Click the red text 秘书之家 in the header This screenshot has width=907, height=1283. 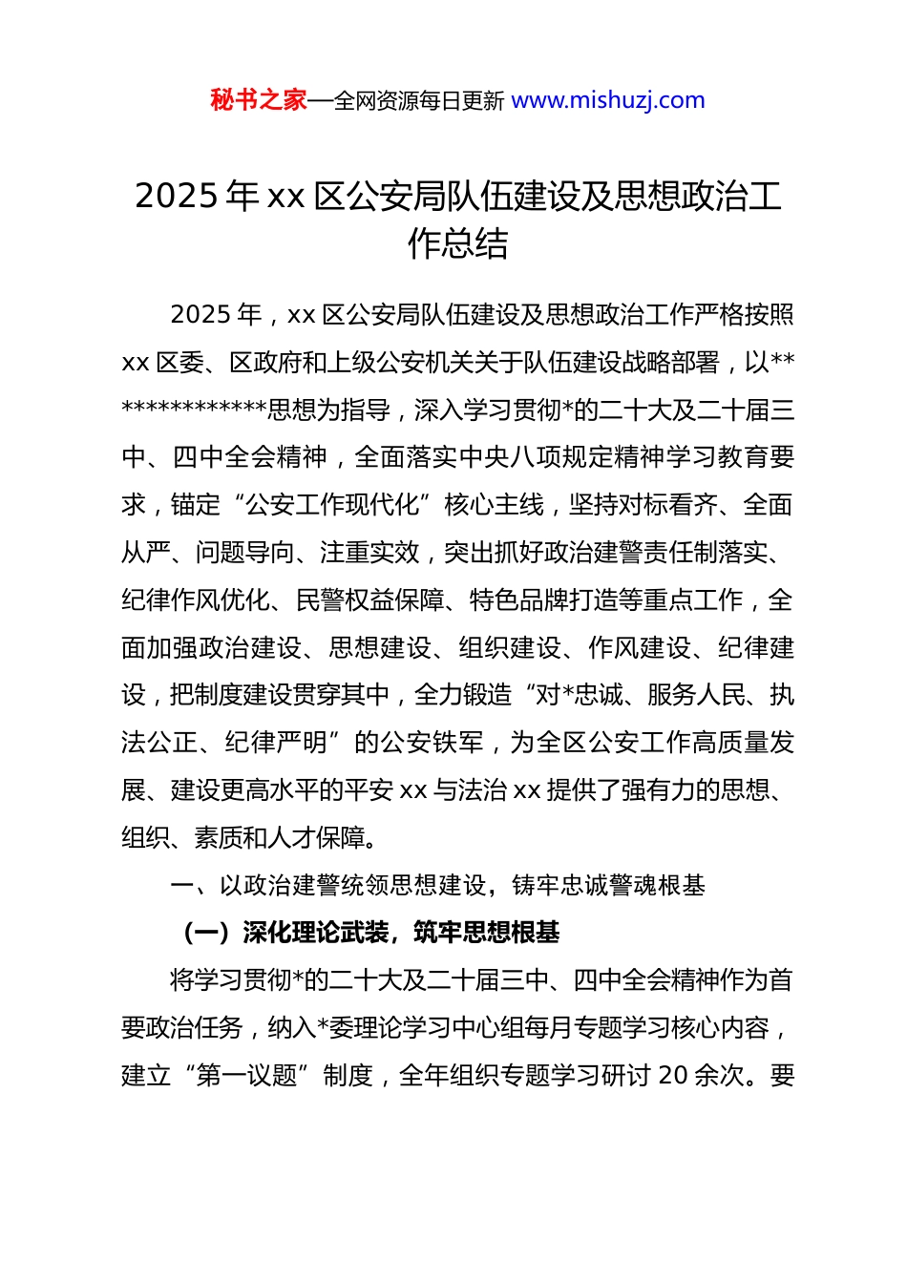(x=259, y=100)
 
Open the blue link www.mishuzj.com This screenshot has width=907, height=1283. (x=608, y=100)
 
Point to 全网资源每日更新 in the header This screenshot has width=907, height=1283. (x=419, y=101)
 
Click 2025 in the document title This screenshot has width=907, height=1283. (x=178, y=197)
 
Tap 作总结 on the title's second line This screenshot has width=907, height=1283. (x=457, y=244)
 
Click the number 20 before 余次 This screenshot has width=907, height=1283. (x=673, y=1076)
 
